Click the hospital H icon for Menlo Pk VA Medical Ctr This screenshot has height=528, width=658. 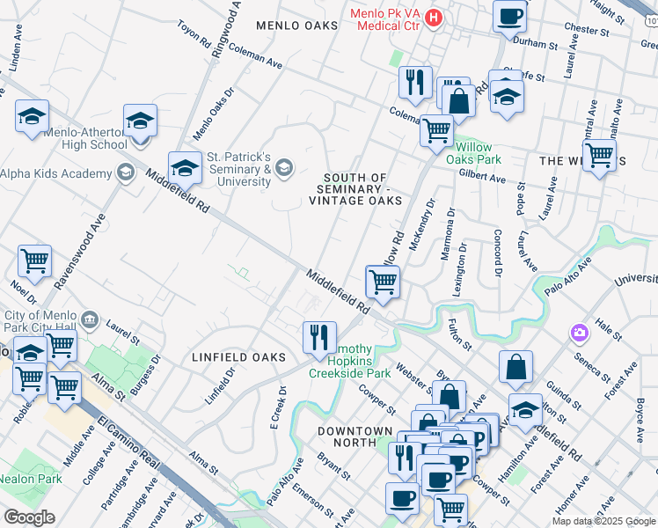tap(433, 17)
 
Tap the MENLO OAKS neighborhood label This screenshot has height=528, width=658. tap(296, 26)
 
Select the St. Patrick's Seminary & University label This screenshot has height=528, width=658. tap(238, 169)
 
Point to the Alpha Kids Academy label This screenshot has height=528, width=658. tap(53, 173)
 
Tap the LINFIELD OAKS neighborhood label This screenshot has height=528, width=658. tap(239, 357)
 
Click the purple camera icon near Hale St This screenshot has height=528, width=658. tap(580, 334)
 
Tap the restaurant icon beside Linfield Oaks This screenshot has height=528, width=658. tap(319, 335)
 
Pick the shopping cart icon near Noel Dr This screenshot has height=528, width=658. tap(34, 260)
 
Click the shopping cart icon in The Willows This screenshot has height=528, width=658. tap(599, 156)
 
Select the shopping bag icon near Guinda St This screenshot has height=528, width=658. tap(515, 367)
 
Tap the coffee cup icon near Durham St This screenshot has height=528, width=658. tap(509, 15)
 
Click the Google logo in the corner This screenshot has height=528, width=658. tap(30, 517)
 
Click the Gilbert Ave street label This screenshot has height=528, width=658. tap(482, 177)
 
